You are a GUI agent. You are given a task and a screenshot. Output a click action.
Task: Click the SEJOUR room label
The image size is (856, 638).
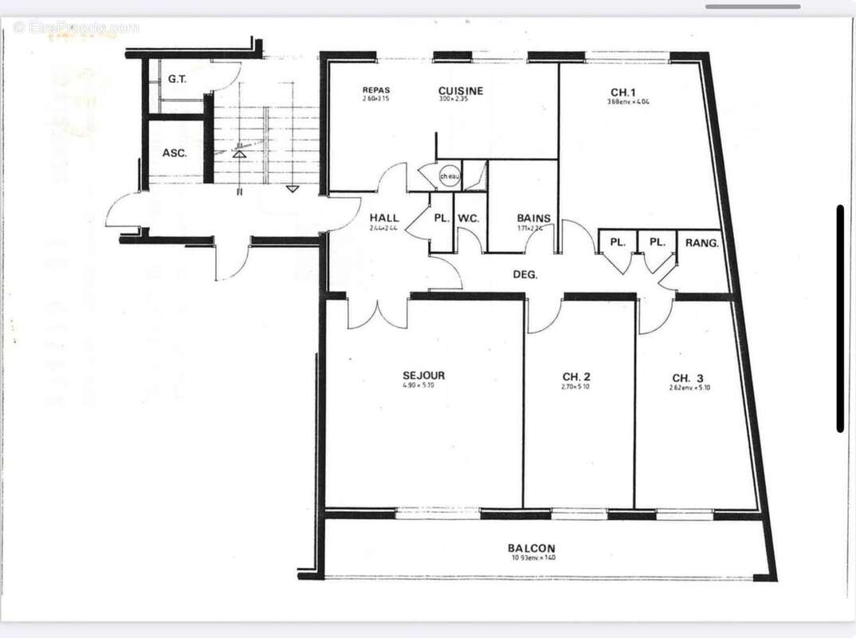424,376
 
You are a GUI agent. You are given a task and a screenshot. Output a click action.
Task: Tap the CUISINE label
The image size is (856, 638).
461,91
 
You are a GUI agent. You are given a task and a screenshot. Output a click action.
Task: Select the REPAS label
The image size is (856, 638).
376,90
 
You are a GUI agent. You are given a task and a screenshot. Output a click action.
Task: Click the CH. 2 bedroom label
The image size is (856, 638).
575,377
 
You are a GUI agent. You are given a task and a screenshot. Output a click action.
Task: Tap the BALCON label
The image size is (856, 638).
532,548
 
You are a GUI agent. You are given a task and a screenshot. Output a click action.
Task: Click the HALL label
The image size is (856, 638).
384,218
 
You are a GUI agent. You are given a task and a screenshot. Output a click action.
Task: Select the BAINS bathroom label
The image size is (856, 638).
533,218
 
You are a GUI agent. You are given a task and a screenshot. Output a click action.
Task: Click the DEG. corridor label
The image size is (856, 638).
524,274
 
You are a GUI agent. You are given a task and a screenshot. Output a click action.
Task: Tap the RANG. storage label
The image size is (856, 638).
702,242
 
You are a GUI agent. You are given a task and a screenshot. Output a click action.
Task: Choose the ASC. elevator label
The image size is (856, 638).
175,153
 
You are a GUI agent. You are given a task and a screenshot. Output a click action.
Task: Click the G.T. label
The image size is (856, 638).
177,80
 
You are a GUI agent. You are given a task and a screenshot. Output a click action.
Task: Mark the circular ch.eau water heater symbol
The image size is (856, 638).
450,176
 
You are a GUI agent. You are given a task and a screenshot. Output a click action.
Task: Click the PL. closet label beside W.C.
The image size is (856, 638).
441,218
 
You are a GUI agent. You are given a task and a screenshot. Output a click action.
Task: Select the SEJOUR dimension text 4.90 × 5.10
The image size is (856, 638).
424,386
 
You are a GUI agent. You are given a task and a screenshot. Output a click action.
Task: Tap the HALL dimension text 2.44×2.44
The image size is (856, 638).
384,228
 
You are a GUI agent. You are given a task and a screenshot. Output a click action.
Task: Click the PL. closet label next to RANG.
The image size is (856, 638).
657,242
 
